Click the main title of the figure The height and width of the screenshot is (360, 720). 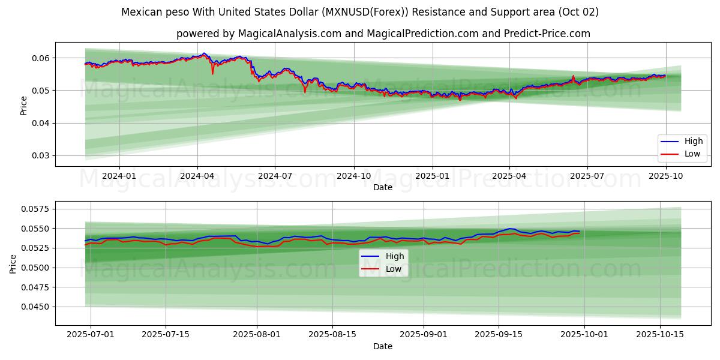pyautogui.click(x=360, y=12)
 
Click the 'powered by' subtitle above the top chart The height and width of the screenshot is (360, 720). pyautogui.click(x=383, y=34)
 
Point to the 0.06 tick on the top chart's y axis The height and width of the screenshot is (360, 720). pyautogui.click(x=41, y=58)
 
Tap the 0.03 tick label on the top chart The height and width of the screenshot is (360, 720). pyautogui.click(x=41, y=156)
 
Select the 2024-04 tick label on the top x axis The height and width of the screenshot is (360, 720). pyautogui.click(x=197, y=176)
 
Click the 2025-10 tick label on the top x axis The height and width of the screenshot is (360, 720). pyautogui.click(x=665, y=176)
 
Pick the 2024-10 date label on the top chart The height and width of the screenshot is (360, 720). pyautogui.click(x=353, y=176)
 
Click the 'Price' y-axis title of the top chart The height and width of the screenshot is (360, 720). pyautogui.click(x=24, y=105)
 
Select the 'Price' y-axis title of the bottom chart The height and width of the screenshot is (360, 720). pyautogui.click(x=13, y=263)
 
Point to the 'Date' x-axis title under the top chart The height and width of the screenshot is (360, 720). pyautogui.click(x=383, y=187)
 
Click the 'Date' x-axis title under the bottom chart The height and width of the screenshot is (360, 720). pyautogui.click(x=383, y=346)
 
